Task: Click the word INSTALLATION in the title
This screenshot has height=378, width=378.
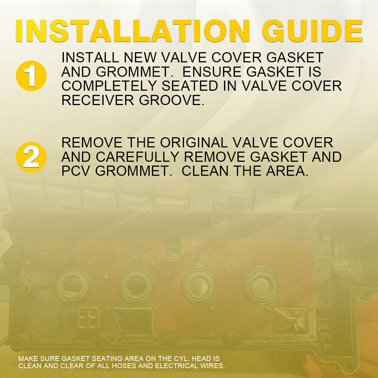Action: click(x=132, y=31)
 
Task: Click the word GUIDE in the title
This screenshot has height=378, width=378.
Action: click(x=312, y=31)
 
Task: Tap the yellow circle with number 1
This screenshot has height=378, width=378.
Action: click(x=31, y=76)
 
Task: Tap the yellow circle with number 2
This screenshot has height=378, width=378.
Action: click(x=31, y=157)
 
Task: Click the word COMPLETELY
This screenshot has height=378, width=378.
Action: click(x=109, y=86)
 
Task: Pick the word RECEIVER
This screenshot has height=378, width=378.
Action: click(x=98, y=100)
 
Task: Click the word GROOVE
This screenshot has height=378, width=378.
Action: click(x=172, y=100)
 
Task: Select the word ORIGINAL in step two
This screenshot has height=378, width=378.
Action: click(x=194, y=143)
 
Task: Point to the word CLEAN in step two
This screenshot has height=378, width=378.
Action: click(x=204, y=171)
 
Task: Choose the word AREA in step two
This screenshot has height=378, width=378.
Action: click(x=287, y=171)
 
